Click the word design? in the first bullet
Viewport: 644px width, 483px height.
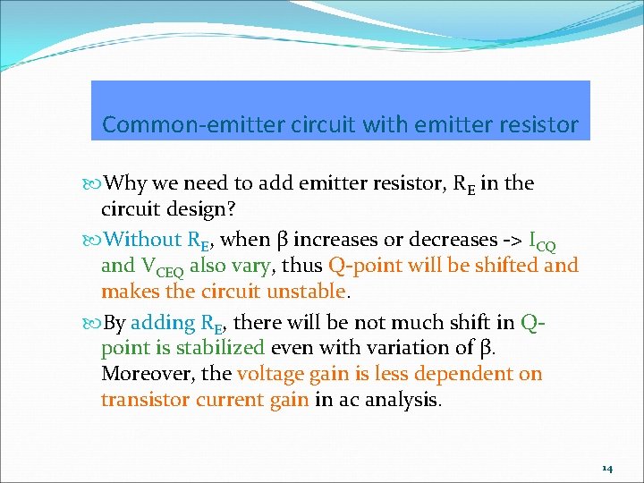coord(199,210)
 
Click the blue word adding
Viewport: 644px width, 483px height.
coord(157,323)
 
